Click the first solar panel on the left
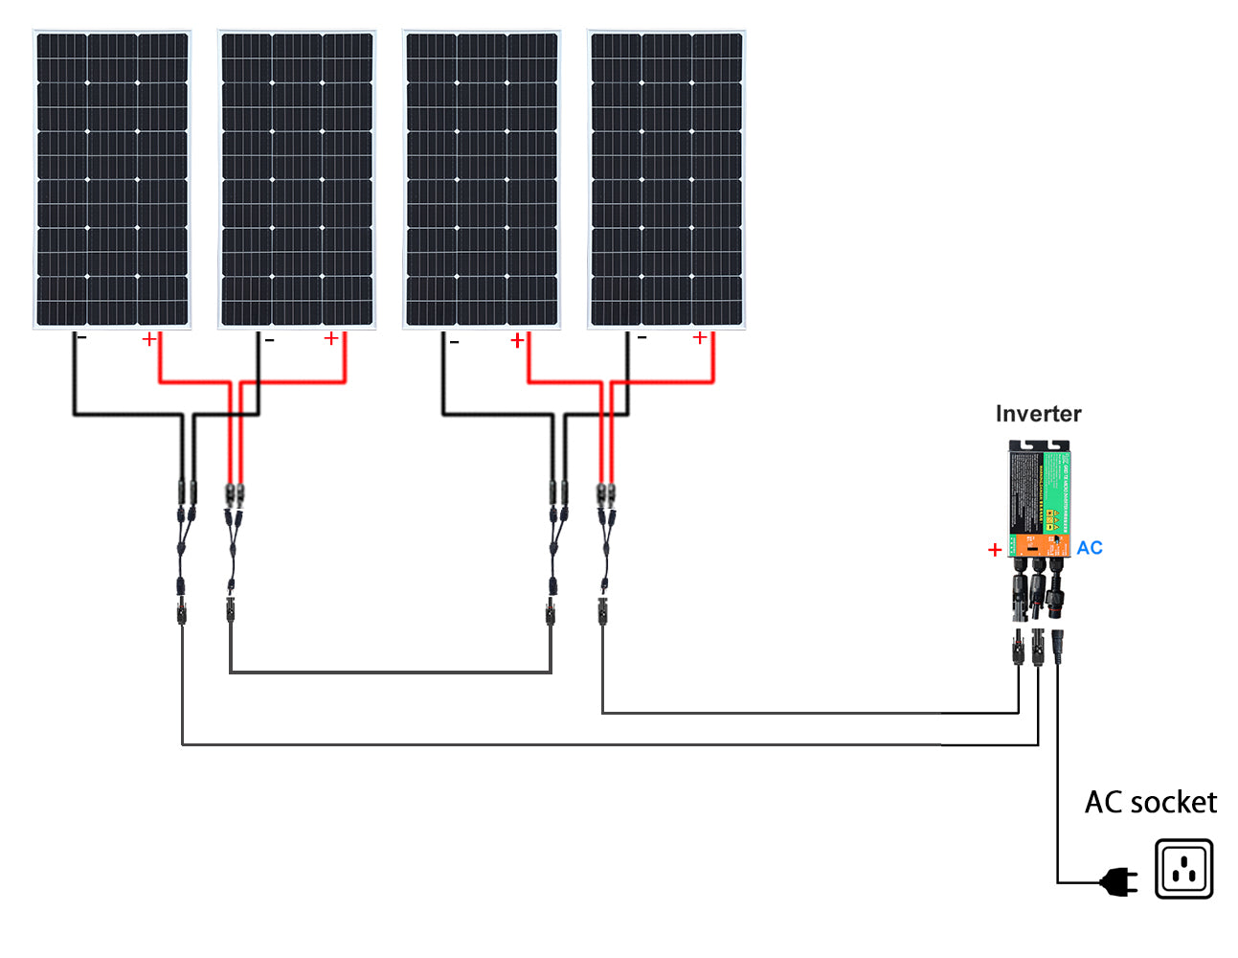tap(112, 179)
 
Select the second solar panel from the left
tap(297, 179)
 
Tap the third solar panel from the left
tap(482, 179)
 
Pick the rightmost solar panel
tap(666, 179)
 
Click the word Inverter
tap(1038, 414)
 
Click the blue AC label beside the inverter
tap(1090, 548)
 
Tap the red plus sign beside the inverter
tap(995, 550)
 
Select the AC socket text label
tap(1150, 802)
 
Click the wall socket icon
tap(1183, 869)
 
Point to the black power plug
tap(1118, 881)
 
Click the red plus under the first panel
tap(149, 339)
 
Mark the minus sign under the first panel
tap(82, 338)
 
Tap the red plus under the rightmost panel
tap(700, 337)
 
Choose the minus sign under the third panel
tap(454, 342)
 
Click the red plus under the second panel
tap(331, 338)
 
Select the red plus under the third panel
tap(517, 340)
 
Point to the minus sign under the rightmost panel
tap(642, 337)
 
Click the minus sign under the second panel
tap(269, 340)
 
